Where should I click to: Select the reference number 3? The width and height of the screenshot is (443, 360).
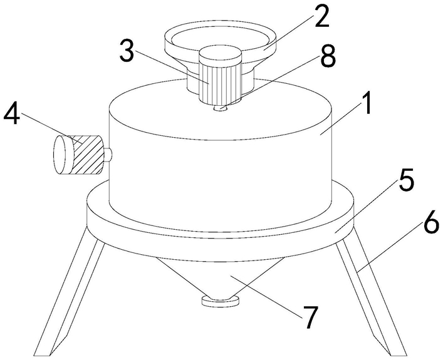[x=127, y=51]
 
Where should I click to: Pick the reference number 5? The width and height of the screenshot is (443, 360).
[x=406, y=179]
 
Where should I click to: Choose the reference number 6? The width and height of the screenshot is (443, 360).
[x=430, y=222]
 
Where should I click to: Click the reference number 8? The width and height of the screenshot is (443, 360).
[x=328, y=57]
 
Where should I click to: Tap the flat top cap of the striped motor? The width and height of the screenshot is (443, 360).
[x=221, y=54]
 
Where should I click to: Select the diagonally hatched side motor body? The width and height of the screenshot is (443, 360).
[x=86, y=155]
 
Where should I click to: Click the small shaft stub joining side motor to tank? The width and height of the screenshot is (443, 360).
[x=108, y=155]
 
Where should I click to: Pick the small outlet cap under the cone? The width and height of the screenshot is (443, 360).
[x=221, y=300]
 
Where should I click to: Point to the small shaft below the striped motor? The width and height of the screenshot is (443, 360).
[x=221, y=108]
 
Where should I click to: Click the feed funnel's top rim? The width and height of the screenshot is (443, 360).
[x=220, y=37]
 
